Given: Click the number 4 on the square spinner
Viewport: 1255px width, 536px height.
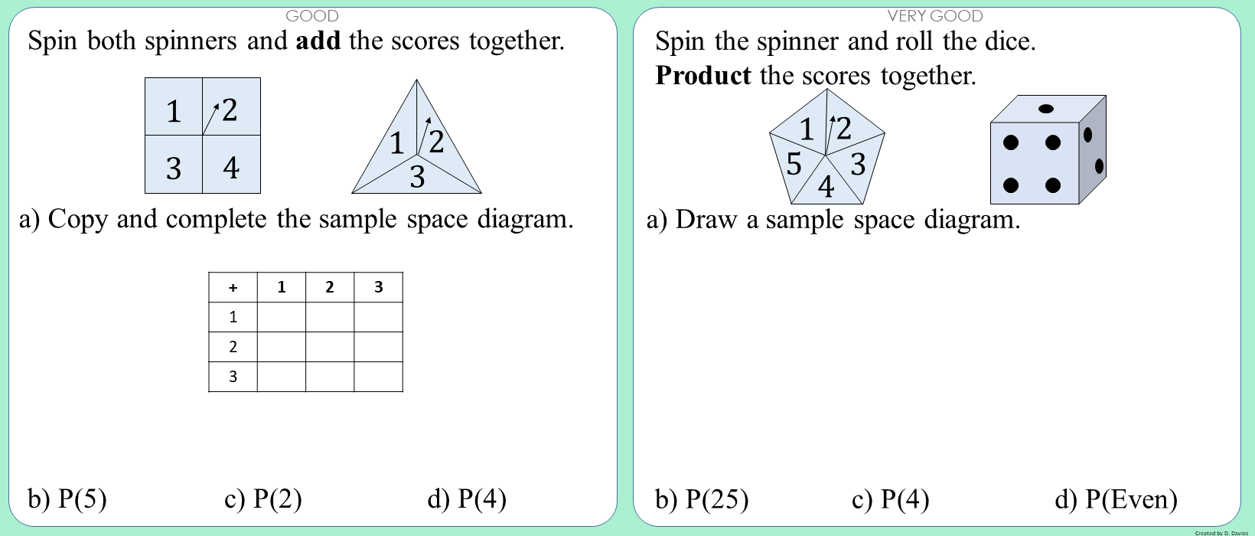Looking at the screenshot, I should click(231, 167).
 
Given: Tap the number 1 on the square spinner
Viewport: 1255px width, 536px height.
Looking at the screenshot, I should click(174, 112).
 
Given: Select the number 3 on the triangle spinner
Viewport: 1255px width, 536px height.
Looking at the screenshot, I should click(417, 177).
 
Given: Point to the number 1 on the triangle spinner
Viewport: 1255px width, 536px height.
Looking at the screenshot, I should click(396, 143).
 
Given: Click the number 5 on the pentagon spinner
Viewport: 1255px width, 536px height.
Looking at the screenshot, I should click(794, 164).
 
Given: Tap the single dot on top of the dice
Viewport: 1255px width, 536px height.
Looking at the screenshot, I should click(1046, 109).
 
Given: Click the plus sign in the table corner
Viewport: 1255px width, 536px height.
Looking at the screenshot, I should click(233, 288).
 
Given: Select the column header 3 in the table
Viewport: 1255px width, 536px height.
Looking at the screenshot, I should click(378, 287).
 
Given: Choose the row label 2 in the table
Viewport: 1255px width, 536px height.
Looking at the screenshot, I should click(233, 347).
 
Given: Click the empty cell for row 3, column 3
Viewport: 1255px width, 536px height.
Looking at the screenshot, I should click(378, 376).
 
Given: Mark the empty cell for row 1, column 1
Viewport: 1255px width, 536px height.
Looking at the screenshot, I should click(281, 317).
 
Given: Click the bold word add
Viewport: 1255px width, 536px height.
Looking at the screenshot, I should click(318, 41).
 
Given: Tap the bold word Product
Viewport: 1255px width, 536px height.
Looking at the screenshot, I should click(703, 76).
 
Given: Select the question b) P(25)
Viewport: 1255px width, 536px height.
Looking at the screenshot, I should click(702, 499).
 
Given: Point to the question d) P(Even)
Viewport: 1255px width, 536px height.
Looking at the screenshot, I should click(1116, 499).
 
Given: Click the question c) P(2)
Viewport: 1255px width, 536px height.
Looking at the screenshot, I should click(263, 499).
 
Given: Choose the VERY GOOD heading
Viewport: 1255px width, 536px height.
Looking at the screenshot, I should click(934, 15).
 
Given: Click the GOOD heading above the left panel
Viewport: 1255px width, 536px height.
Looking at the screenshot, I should click(311, 15).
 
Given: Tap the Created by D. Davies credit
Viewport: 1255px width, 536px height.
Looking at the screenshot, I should click(1221, 532).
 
